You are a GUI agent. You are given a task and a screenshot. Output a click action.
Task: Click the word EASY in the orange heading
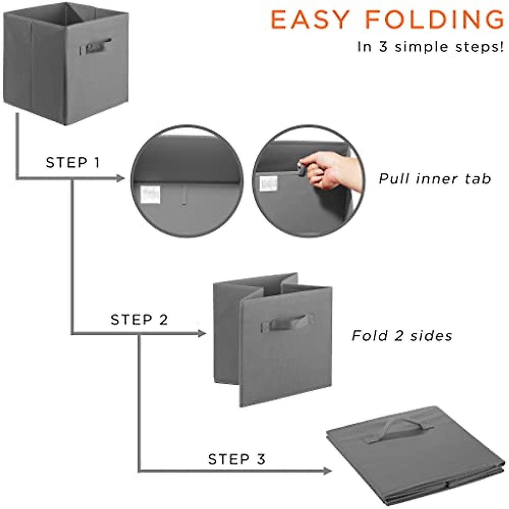(x=310, y=20)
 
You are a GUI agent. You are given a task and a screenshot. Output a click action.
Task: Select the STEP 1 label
(x=73, y=162)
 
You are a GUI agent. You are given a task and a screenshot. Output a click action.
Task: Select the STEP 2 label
(x=139, y=319)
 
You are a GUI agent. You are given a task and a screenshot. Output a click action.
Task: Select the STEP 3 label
(x=236, y=459)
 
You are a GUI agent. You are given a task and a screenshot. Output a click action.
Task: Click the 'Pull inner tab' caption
(x=435, y=179)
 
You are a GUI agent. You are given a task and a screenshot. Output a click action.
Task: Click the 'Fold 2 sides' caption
(x=402, y=336)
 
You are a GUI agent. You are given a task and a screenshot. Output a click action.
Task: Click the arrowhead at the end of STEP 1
(x=120, y=178)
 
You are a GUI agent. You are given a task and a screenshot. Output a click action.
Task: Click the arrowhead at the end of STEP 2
(x=202, y=334)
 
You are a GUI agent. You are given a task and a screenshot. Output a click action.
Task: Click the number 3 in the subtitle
(x=383, y=47)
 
